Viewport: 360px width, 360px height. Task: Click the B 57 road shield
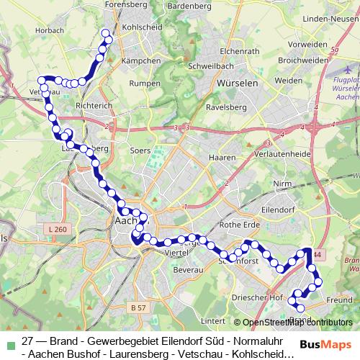(139, 307)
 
